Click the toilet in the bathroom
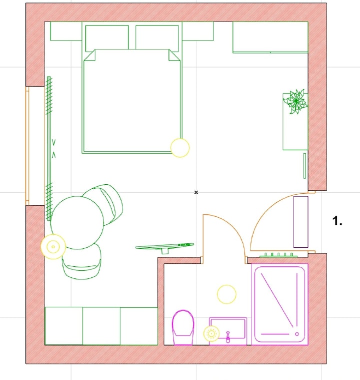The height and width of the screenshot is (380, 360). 183,327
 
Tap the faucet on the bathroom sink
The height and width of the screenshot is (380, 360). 227,337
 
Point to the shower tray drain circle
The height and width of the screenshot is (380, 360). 297,334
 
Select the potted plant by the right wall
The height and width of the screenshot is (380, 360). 295,102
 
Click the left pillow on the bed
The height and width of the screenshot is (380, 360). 107,38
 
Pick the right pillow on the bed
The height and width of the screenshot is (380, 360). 157,38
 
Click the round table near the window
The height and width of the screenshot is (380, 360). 77,222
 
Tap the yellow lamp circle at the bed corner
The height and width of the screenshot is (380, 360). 180,148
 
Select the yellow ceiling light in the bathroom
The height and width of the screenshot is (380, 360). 226,294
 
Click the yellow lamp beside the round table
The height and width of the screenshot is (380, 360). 53,247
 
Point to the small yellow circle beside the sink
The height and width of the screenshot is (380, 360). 211,334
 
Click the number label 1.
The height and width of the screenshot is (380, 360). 337,221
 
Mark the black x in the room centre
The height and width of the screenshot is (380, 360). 196,192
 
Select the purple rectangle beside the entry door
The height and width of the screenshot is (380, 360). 300,222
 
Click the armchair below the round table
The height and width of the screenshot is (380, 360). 81,262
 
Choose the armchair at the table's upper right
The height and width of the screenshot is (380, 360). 106,204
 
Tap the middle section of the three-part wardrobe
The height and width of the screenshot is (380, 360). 101,326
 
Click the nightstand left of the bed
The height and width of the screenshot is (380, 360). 66,31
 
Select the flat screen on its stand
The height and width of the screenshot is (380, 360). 165,247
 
